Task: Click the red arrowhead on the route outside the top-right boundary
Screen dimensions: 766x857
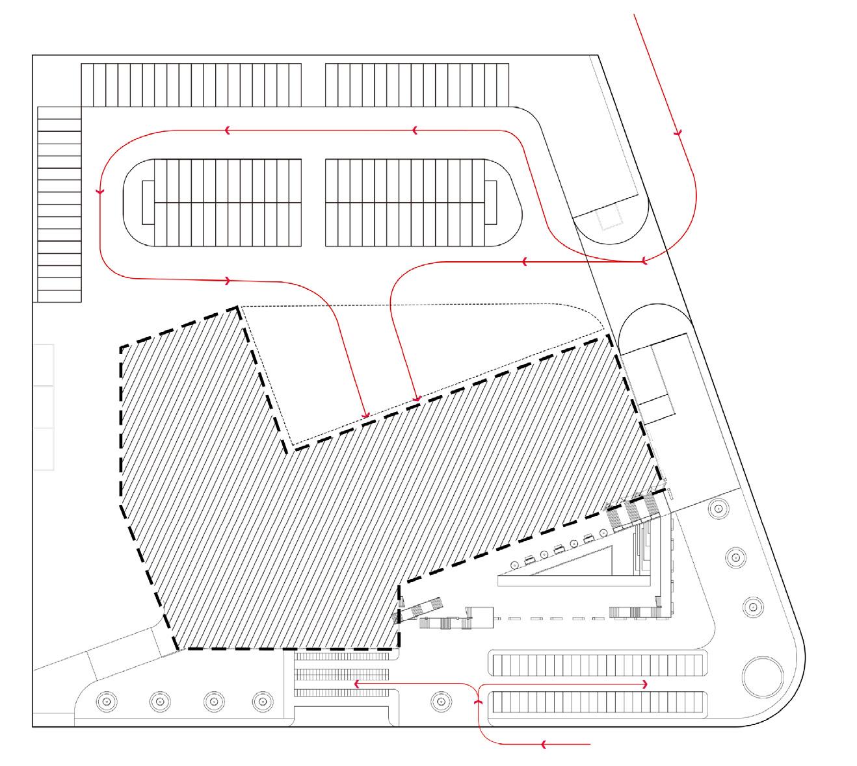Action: click(678, 133)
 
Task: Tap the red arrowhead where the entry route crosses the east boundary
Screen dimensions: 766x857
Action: click(643, 262)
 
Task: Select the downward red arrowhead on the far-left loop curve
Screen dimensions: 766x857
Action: click(100, 192)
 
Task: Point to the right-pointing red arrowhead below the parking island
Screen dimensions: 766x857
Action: click(228, 281)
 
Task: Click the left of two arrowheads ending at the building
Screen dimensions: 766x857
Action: click(366, 415)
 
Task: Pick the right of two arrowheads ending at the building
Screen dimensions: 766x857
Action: click(415, 398)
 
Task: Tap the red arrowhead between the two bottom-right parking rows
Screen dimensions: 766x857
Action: click(644, 684)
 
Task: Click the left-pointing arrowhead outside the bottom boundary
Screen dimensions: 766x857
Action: click(544, 744)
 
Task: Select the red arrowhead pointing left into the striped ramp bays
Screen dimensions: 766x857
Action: click(357, 683)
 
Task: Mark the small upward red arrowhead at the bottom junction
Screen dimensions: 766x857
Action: click(478, 701)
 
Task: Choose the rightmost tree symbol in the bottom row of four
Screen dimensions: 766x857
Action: click(262, 700)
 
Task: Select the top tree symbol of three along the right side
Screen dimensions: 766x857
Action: click(719, 507)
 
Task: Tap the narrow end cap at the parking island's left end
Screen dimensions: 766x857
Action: click(148, 202)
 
